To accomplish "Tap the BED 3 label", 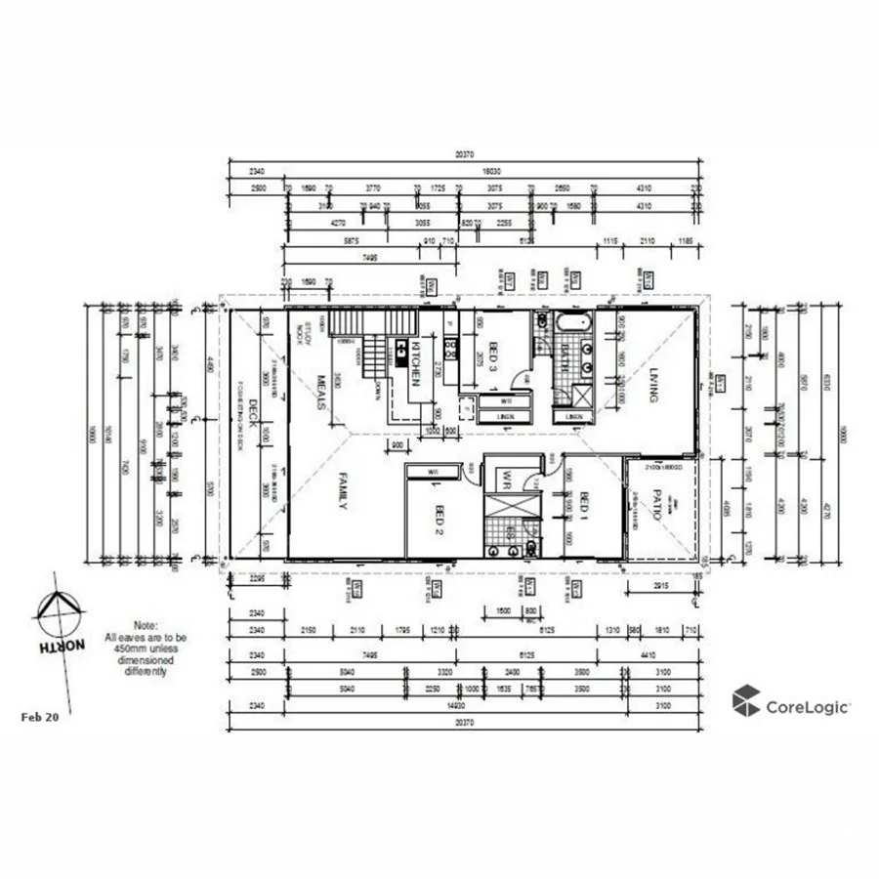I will (494, 360).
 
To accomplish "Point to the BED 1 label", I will (583, 507).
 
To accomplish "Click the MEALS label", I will (319, 390).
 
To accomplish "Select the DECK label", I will (251, 415).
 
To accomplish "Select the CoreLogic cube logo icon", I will (746, 700).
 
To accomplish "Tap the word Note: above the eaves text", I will (146, 625).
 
